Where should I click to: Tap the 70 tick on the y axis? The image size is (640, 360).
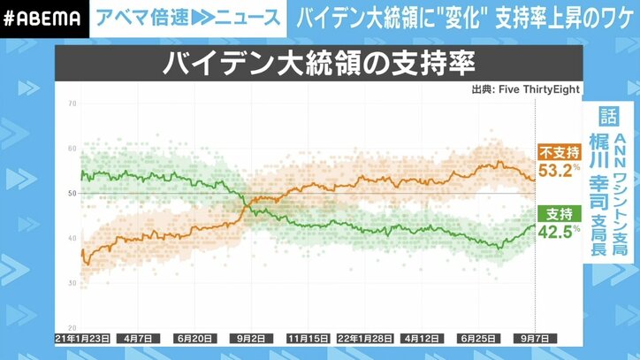click(72, 103)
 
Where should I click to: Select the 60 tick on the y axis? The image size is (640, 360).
click(72, 148)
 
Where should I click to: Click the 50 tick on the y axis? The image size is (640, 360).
click(72, 193)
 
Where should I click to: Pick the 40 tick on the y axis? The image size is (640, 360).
click(72, 238)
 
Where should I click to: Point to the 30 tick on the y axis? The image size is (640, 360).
click(72, 282)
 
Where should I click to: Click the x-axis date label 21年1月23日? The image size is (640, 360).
click(81, 339)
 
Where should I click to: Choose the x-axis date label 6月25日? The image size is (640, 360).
click(477, 339)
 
